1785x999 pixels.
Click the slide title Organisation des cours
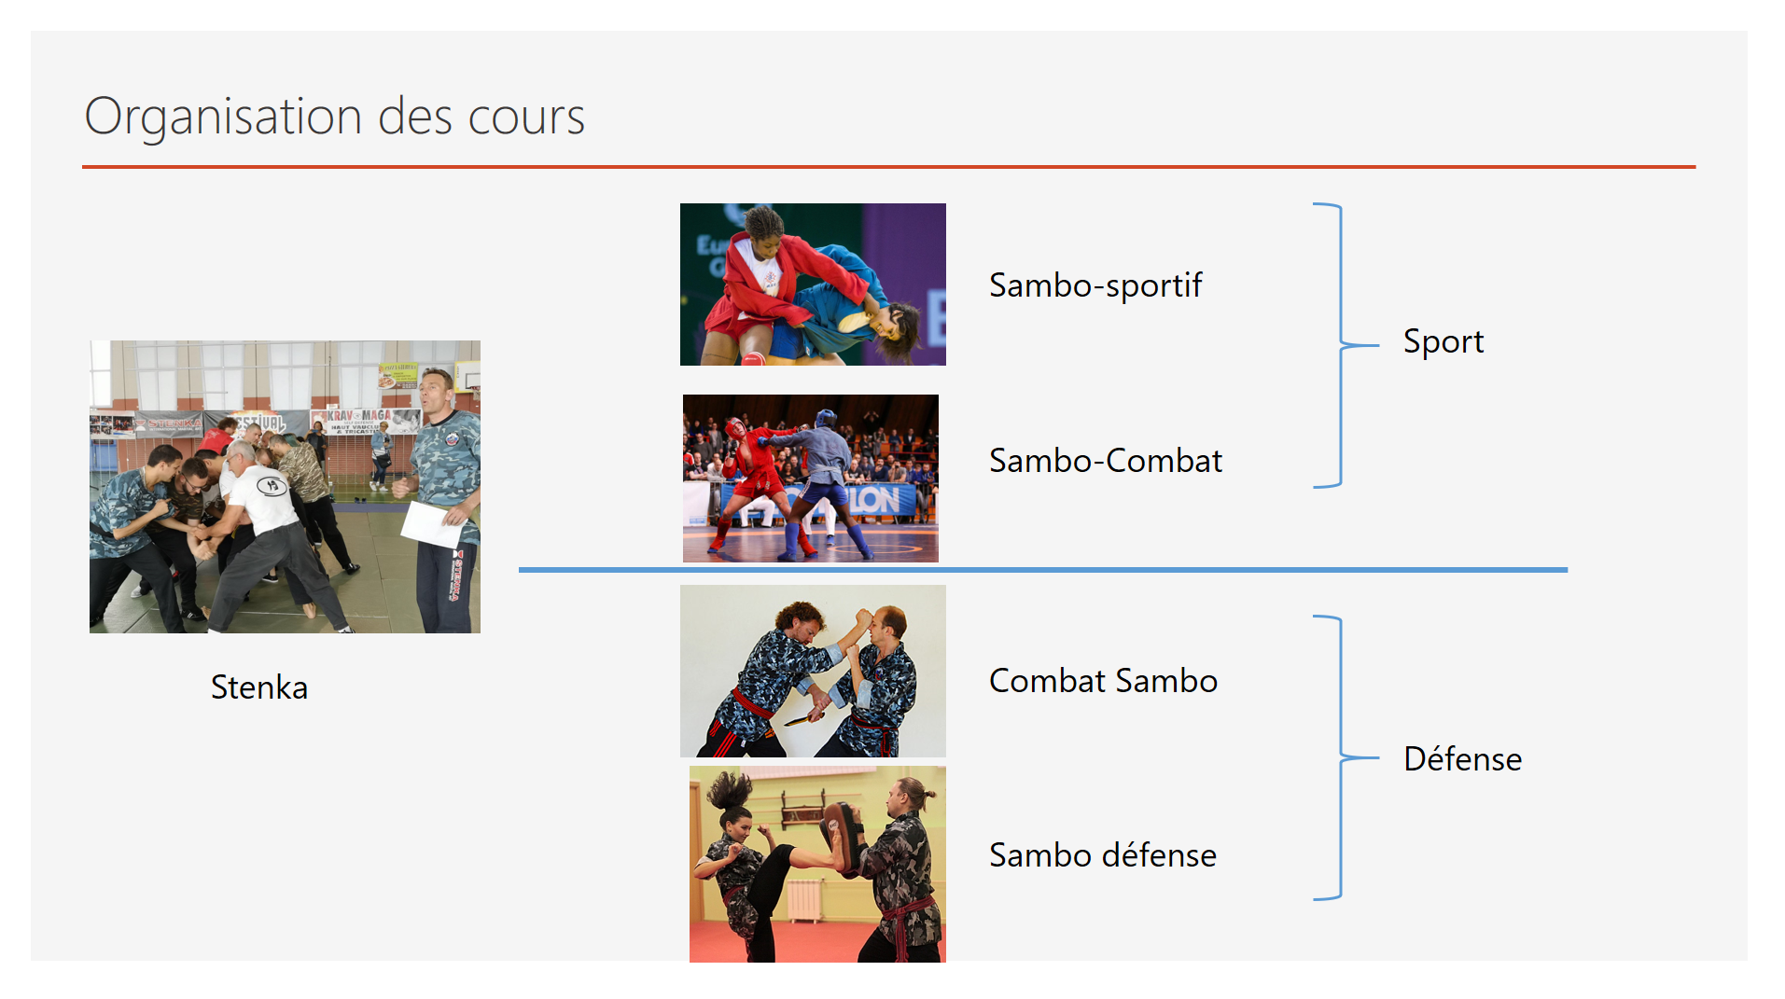pyautogui.click(x=334, y=117)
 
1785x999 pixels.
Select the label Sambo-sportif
pyautogui.click(x=1095, y=285)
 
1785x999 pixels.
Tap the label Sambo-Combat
pyautogui.click(x=1106, y=460)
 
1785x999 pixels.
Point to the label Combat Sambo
pyautogui.click(x=1103, y=680)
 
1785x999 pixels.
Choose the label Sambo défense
pyautogui.click(x=1103, y=854)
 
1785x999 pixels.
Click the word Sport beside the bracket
pyautogui.click(x=1443, y=342)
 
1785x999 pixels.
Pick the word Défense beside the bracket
pyautogui.click(x=1462, y=758)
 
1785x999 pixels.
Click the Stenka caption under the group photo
pyautogui.click(x=259, y=687)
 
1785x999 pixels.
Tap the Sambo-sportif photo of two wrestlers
pyautogui.click(x=813, y=284)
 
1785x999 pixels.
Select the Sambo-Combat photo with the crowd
pyautogui.click(x=811, y=479)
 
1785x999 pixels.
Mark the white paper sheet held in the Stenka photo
pyautogui.click(x=432, y=524)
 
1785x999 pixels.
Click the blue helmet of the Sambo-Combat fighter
pyautogui.click(x=825, y=418)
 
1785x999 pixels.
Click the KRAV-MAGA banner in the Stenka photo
pyautogui.click(x=359, y=421)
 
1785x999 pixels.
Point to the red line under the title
pyautogui.click(x=888, y=167)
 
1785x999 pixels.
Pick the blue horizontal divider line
pyautogui.click(x=1043, y=569)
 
